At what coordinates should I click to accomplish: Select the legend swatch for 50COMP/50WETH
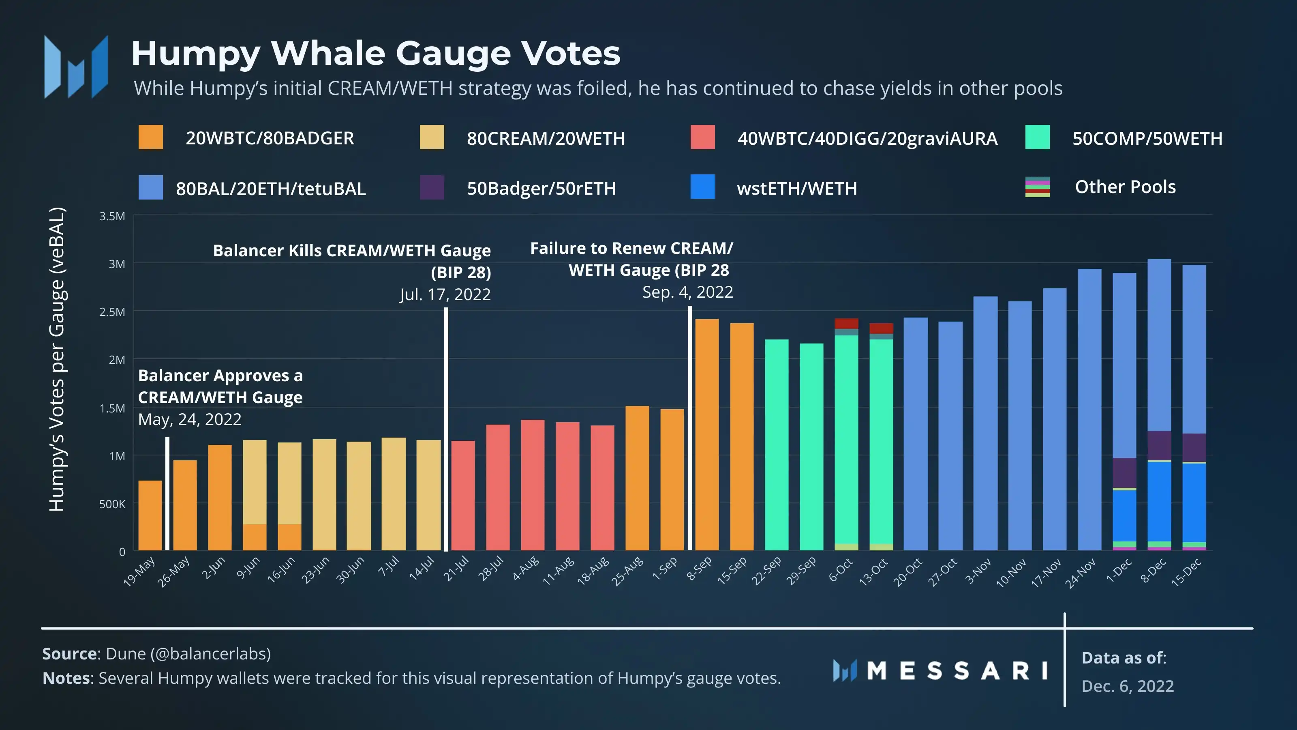1037,137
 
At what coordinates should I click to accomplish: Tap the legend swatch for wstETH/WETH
702,187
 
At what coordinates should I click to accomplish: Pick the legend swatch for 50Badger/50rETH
432,187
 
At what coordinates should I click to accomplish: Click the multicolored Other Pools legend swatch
1037,187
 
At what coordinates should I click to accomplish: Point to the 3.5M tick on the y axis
112,216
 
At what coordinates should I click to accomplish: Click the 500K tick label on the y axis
112,504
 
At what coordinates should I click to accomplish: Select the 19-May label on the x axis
140,571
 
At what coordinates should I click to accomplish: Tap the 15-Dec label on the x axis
1187,572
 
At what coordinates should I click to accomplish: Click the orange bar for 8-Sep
707,433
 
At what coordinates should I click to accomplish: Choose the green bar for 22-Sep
777,443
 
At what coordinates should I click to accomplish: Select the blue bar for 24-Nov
1089,408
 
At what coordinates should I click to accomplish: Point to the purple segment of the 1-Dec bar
1124,472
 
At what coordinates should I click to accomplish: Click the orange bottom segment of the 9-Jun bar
255,537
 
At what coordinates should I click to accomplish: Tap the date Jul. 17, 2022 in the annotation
445,294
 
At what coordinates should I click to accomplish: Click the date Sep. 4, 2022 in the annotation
687,292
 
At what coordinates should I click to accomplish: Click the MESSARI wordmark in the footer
957,670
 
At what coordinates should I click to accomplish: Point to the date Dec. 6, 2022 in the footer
1127,686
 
